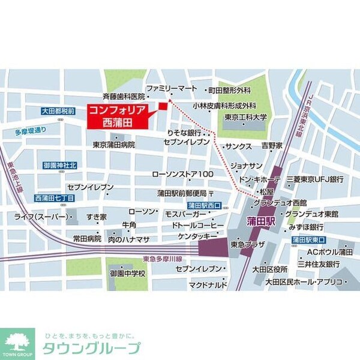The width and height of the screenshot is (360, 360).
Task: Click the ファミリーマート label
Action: pyautogui.click(x=172, y=88)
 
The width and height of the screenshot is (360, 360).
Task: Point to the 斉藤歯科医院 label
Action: pyautogui.click(x=124, y=96)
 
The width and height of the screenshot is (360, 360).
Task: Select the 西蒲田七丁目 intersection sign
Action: pyautogui.click(x=55, y=197)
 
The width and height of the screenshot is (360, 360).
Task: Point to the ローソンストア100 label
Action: pyautogui.click(x=183, y=174)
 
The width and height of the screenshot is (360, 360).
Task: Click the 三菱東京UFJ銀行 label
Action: pyautogui.click(x=314, y=179)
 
